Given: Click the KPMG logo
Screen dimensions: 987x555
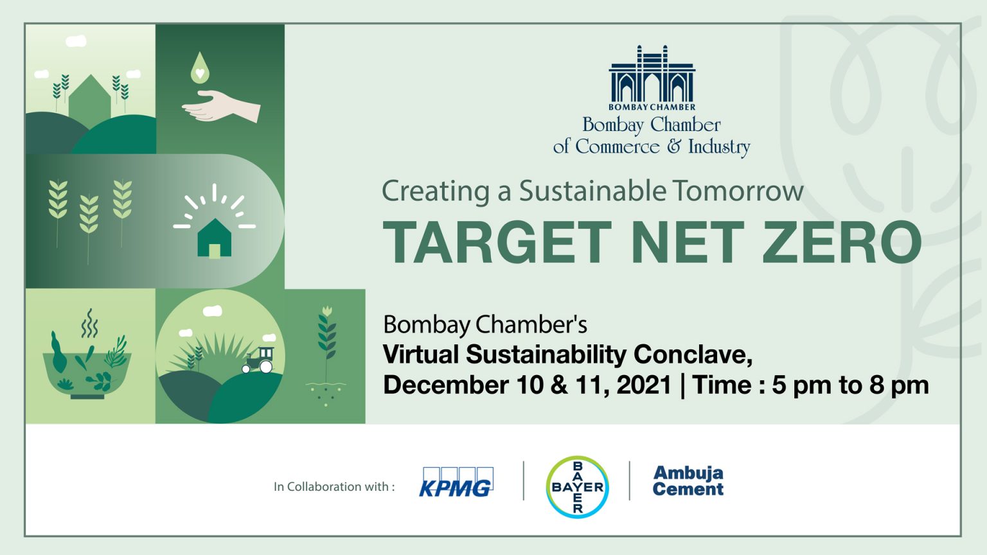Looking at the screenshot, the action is [x=456, y=482].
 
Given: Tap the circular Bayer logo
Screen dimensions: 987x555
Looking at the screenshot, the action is [x=577, y=487].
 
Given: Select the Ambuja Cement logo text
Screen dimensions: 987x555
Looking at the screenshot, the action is [x=688, y=480].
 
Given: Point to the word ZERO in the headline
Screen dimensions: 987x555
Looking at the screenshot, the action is [x=842, y=242].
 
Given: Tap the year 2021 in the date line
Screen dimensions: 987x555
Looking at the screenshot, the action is [x=644, y=385].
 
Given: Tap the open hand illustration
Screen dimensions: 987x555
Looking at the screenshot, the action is [x=221, y=106].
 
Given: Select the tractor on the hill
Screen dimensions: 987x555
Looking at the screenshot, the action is [x=258, y=360].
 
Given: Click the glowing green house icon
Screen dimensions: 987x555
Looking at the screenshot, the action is [x=214, y=238].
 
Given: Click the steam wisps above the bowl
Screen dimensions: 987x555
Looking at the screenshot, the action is [x=89, y=323].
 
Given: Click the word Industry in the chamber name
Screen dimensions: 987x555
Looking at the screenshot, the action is [x=719, y=147].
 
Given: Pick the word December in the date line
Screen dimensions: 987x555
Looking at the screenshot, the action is [x=447, y=385].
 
